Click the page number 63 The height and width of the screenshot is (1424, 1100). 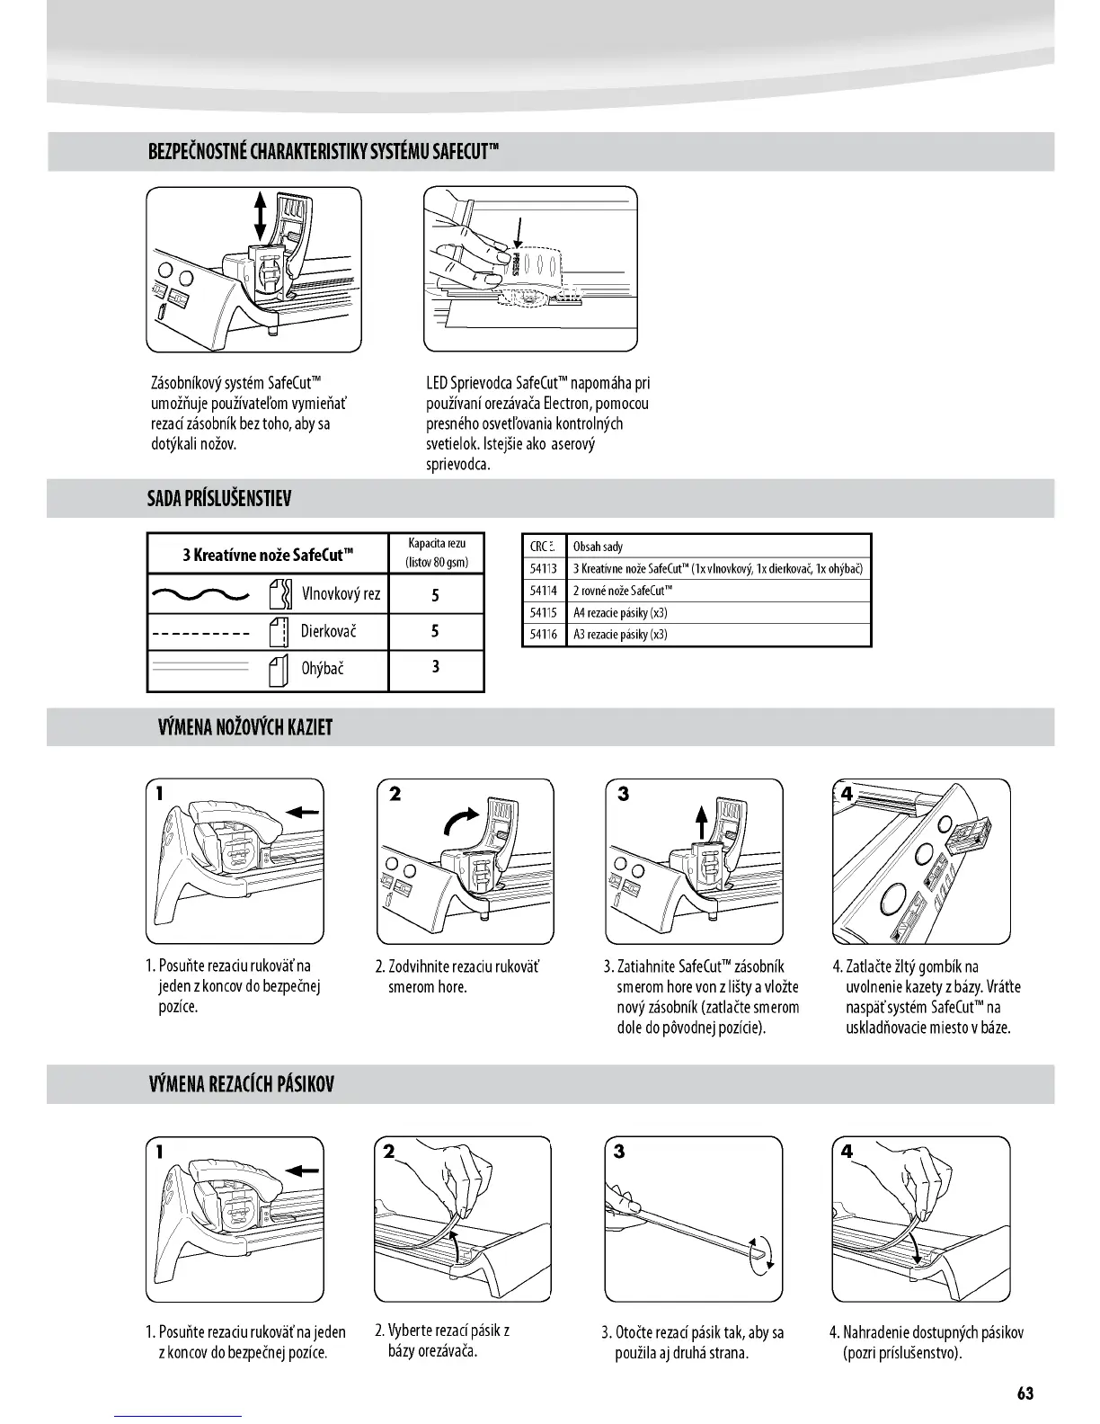click(1025, 1393)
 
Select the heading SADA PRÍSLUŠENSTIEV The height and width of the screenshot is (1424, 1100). click(219, 499)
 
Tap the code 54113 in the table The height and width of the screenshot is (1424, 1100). click(543, 568)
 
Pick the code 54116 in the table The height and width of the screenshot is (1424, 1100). click(543, 634)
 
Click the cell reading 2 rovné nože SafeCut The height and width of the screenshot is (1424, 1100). click(623, 591)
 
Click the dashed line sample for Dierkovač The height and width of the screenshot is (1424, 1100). click(200, 634)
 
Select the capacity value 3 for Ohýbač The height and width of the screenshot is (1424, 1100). click(435, 667)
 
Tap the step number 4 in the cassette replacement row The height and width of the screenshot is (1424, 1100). click(847, 794)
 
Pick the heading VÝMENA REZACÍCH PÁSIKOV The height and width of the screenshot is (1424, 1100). click(241, 1084)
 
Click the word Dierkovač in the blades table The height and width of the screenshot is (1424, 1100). click(328, 631)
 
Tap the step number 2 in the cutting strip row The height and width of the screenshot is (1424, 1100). click(388, 1151)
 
